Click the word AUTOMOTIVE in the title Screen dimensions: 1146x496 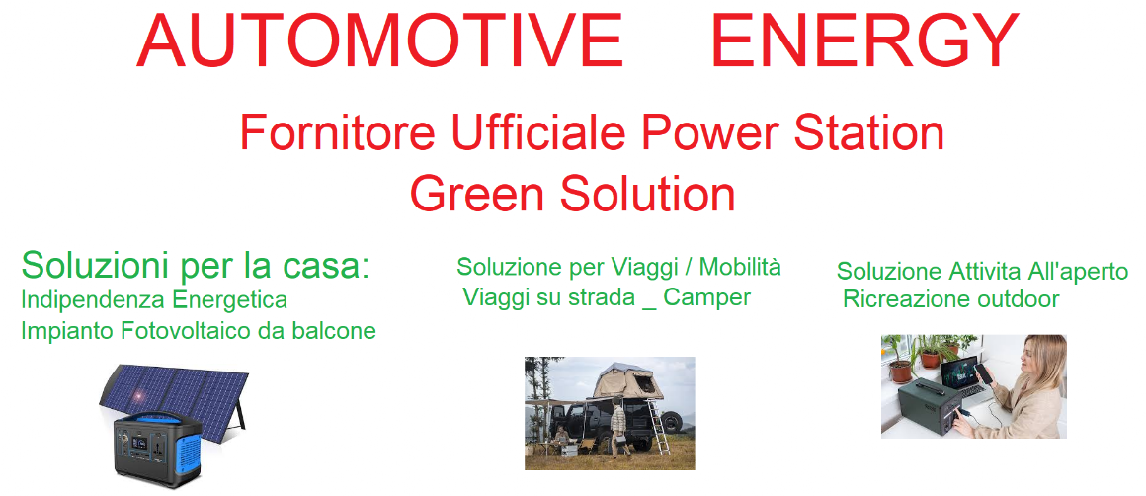click(x=380, y=41)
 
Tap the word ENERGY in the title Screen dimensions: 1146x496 click(x=864, y=41)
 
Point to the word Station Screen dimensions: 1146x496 click(x=869, y=133)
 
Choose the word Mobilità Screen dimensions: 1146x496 click(x=740, y=268)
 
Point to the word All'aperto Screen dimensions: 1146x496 click(x=1077, y=272)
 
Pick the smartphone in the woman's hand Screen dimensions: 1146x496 click(x=985, y=374)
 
